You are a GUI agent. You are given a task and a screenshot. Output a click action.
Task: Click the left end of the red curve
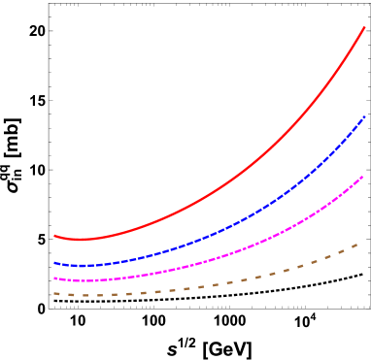[54, 236]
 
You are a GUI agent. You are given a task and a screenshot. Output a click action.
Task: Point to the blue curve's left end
[54, 263]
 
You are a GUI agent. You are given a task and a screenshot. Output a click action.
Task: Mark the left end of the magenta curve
[54, 278]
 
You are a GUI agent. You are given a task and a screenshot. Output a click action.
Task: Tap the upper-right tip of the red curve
[364, 27]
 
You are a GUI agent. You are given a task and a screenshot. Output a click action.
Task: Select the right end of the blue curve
[364, 117]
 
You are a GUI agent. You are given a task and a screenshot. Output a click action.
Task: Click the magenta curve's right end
[363, 177]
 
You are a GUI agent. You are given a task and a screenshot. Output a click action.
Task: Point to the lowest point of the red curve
[81, 240]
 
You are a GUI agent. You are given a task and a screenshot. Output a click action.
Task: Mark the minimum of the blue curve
[81, 265]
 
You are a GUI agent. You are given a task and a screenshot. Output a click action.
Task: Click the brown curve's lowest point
[84, 295]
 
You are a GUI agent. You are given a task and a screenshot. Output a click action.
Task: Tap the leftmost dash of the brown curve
[56, 293]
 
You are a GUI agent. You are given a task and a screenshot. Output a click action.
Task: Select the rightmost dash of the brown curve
[355, 245]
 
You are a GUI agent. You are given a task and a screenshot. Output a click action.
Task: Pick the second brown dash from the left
[71, 294]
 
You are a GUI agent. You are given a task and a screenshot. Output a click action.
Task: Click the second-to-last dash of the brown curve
[342, 252]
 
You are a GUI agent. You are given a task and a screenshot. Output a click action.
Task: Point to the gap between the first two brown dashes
[63, 294]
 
